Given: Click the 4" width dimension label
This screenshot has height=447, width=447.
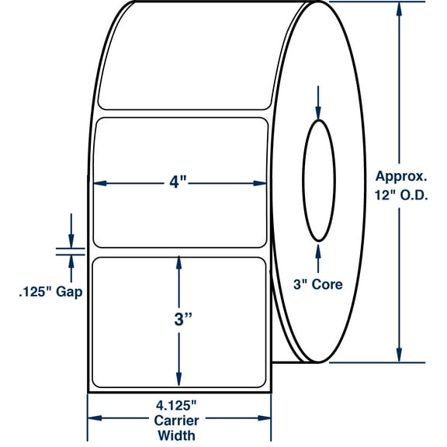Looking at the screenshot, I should (180, 183).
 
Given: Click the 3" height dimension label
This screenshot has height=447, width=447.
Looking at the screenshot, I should (180, 320).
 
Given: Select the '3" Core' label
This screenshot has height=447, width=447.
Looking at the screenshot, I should (318, 284).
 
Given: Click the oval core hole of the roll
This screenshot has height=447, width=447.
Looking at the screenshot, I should (318, 181).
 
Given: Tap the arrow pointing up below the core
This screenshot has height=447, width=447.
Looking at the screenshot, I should (318, 249).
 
